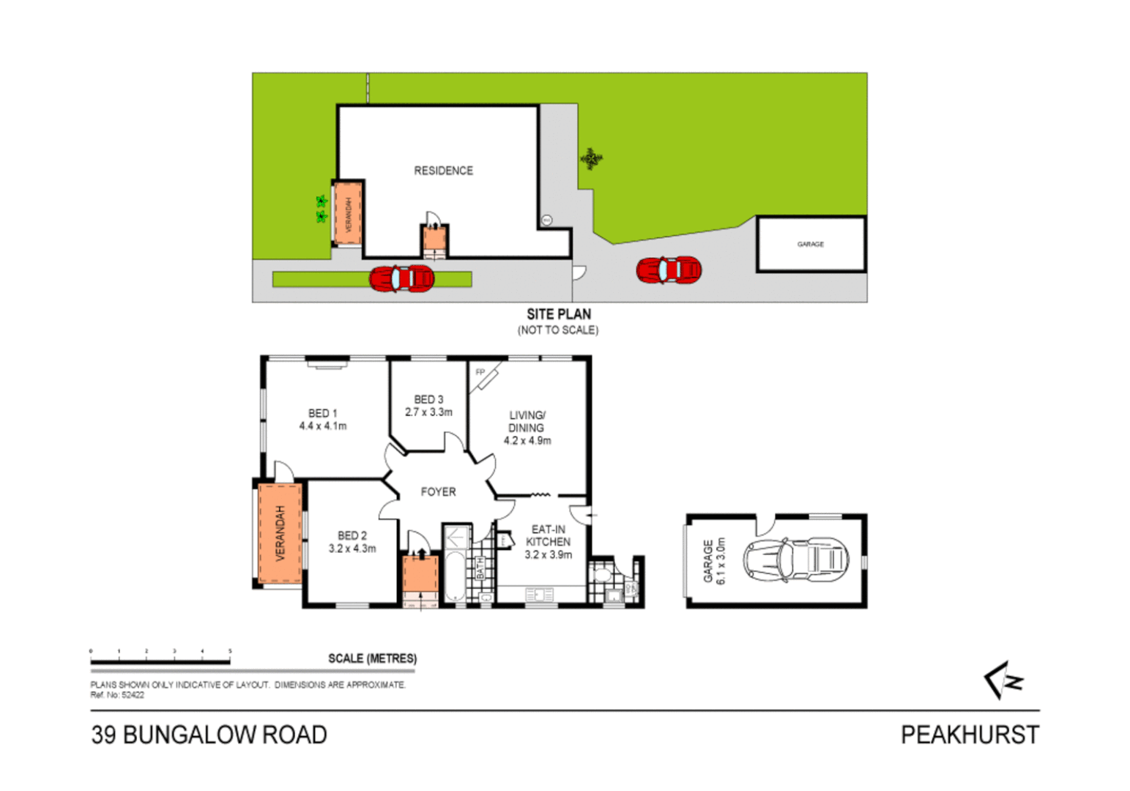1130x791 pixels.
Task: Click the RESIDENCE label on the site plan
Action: [x=443, y=171]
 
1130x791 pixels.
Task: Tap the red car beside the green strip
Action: [x=401, y=278]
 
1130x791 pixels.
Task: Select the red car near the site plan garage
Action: [x=669, y=270]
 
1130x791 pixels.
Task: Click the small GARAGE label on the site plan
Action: [x=810, y=244]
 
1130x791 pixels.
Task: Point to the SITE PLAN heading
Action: [x=558, y=314]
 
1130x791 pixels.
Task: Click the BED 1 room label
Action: [x=322, y=414]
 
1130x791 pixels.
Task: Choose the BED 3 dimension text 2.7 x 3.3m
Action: [x=428, y=412]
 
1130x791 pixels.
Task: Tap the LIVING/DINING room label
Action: [x=527, y=421]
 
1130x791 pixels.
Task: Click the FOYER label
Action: [x=438, y=492]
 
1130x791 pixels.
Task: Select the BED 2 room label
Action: [x=352, y=535]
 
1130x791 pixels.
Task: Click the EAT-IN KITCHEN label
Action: [x=548, y=535]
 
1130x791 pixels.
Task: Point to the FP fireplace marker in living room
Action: [x=480, y=373]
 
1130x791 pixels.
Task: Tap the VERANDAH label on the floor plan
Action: [x=279, y=533]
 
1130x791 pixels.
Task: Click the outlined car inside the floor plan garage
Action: [x=795, y=560]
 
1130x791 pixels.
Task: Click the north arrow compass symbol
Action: [x=1003, y=680]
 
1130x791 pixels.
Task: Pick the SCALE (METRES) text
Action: [x=372, y=658]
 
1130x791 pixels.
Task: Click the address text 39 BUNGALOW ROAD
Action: [x=209, y=735]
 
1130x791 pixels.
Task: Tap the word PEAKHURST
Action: [x=969, y=735]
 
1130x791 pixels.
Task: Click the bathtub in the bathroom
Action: [x=455, y=575]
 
